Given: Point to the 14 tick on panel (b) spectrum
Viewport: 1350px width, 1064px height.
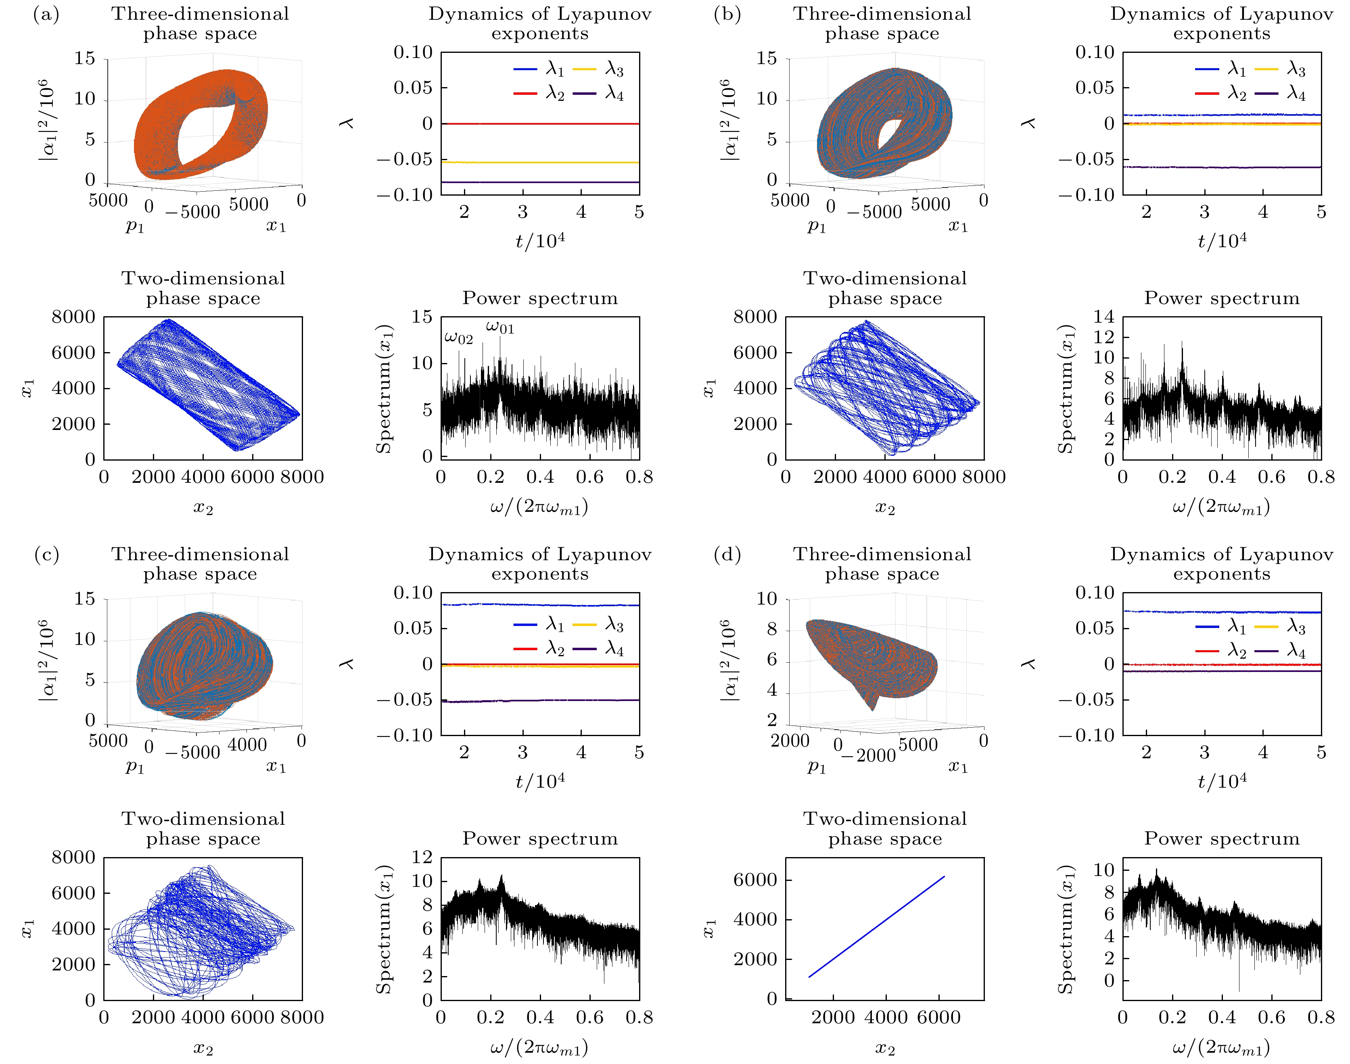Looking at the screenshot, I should pyautogui.click(x=1103, y=317).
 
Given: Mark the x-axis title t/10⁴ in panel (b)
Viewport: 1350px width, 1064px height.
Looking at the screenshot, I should pyautogui.click(x=1222, y=240).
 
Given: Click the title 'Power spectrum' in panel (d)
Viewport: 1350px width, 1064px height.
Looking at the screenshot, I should pyautogui.click(x=1222, y=839).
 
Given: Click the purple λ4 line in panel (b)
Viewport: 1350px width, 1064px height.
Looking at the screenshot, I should pyautogui.click(x=1222, y=167).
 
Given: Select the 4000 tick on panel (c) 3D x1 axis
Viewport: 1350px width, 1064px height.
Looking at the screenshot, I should pyautogui.click(x=247, y=745).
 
